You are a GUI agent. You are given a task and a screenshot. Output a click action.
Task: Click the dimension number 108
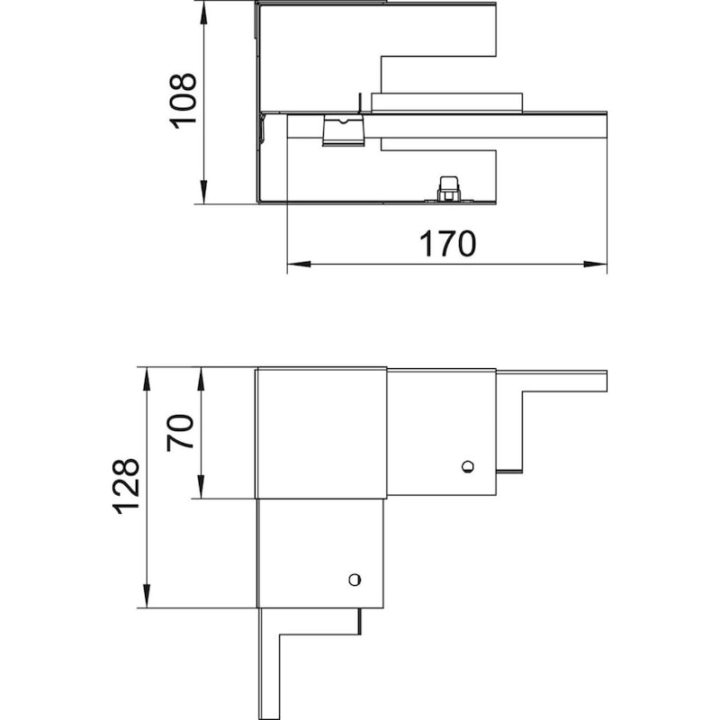point(184,101)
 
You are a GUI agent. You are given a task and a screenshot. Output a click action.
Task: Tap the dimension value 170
point(447,244)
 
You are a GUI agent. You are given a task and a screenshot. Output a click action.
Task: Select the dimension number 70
point(180,433)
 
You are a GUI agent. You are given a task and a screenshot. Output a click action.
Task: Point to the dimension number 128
point(125,486)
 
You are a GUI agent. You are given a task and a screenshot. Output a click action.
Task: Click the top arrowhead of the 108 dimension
point(203,13)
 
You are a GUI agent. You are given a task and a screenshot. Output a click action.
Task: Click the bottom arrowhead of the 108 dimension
point(203,192)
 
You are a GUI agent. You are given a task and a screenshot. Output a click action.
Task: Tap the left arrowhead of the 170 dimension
point(299,264)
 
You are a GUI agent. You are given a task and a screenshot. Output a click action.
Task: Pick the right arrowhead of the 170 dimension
point(595,264)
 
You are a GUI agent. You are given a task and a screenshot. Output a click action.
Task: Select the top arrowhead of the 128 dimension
point(147,379)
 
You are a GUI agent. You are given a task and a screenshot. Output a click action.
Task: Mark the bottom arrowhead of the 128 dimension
point(147,596)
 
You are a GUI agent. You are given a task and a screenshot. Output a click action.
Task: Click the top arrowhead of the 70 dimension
point(201,379)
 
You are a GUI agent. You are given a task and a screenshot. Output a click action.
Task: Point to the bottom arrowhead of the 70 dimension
point(201,487)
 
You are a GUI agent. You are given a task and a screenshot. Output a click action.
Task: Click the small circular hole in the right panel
point(468,466)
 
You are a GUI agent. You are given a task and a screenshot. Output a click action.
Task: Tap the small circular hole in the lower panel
point(355,580)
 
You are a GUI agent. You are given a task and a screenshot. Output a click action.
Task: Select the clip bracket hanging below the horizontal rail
point(344,130)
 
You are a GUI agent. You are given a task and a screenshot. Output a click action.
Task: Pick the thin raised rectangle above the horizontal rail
point(446,103)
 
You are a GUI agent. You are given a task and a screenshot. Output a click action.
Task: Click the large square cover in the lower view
point(321,433)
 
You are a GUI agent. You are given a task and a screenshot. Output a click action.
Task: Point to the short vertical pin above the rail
point(360,103)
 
